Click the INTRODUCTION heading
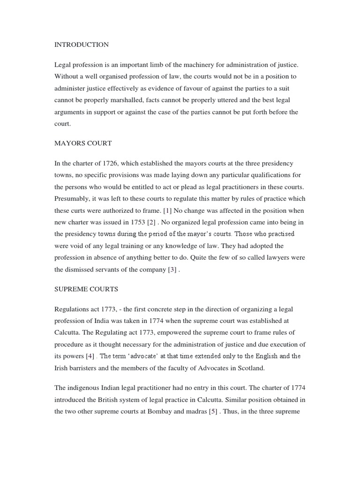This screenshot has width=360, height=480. pos(82,45)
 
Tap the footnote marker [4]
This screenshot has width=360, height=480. pos(89,356)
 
